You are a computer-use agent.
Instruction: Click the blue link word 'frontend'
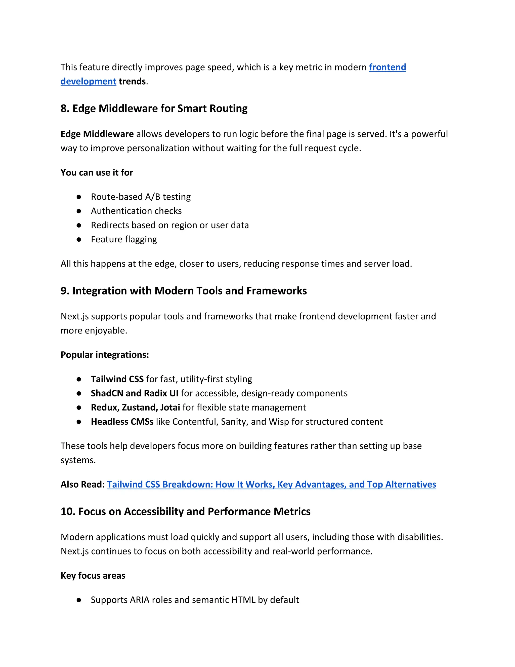[x=387, y=67]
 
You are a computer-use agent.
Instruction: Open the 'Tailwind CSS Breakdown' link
[x=271, y=484]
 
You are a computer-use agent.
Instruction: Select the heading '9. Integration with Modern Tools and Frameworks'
[x=183, y=291]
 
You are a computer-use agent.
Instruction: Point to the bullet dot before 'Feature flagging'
[x=79, y=239]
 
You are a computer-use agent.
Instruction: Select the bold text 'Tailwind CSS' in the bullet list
[x=117, y=379]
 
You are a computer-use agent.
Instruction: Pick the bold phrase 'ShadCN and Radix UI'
[x=134, y=393]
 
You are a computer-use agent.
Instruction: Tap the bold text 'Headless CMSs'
[x=122, y=422]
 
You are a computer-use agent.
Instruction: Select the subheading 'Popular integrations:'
[x=105, y=355]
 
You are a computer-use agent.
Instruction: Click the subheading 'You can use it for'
[x=97, y=173]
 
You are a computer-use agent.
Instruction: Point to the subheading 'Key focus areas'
[x=93, y=576]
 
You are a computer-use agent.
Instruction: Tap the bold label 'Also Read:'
[x=82, y=484]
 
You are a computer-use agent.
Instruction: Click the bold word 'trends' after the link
[x=132, y=82]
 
